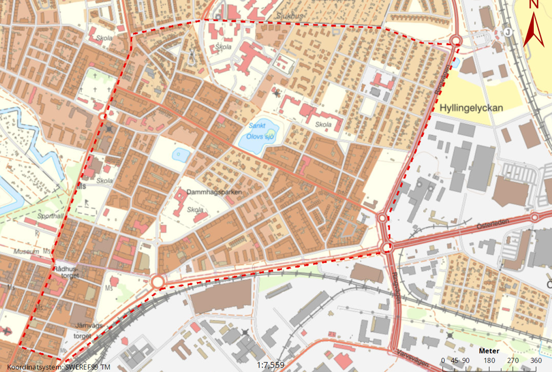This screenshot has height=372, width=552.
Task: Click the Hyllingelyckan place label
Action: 472,108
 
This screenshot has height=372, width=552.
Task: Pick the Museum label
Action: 28,252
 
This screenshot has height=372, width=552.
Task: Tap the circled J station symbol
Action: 507,31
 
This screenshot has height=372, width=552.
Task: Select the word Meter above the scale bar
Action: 489,351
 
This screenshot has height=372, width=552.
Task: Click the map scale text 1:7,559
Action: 271,365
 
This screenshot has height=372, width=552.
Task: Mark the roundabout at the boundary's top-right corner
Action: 455,40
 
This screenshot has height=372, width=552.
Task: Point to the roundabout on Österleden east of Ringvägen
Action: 534,217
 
